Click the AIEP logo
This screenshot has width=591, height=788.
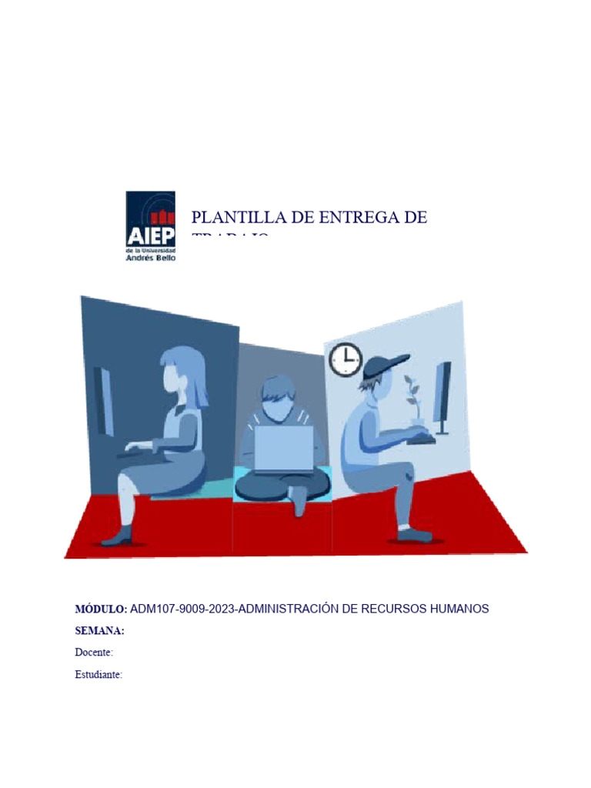tap(150, 226)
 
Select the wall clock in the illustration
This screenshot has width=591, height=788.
tap(346, 359)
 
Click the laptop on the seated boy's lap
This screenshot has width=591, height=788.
tap(284, 448)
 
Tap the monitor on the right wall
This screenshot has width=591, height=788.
tap(442, 397)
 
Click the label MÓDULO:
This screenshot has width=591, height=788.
tap(101, 609)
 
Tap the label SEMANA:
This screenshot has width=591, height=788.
tap(99, 631)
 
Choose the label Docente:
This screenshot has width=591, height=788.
tap(94, 653)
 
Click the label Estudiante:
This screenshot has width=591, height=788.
tap(98, 675)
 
